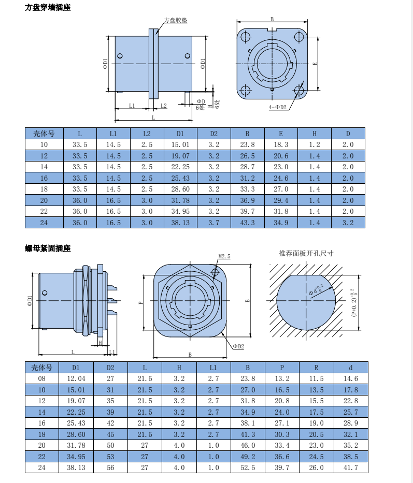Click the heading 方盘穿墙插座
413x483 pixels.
click(x=48, y=7)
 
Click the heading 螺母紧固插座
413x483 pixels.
click(x=48, y=248)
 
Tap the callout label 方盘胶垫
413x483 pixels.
click(x=176, y=20)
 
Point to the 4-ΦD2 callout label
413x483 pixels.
click(x=277, y=107)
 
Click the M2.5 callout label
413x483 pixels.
click(x=224, y=256)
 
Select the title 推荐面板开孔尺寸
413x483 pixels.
click(x=306, y=253)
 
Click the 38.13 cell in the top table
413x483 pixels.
click(x=180, y=223)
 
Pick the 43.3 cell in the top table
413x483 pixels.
click(x=247, y=223)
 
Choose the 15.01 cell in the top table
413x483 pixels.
click(x=180, y=145)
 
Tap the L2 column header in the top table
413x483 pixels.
click(x=147, y=134)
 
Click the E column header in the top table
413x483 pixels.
click(x=281, y=134)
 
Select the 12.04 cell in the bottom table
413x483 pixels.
click(x=76, y=378)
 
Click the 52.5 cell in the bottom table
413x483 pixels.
click(x=248, y=467)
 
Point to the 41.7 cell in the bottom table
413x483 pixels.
click(x=351, y=467)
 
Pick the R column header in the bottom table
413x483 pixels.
click(x=316, y=368)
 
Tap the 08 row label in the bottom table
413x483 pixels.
click(x=41, y=378)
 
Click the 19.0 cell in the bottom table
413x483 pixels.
click(x=317, y=423)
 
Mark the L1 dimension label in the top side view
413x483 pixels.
click(x=132, y=106)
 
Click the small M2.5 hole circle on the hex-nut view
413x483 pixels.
click(x=215, y=272)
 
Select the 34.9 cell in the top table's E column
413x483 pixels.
click(x=281, y=223)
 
